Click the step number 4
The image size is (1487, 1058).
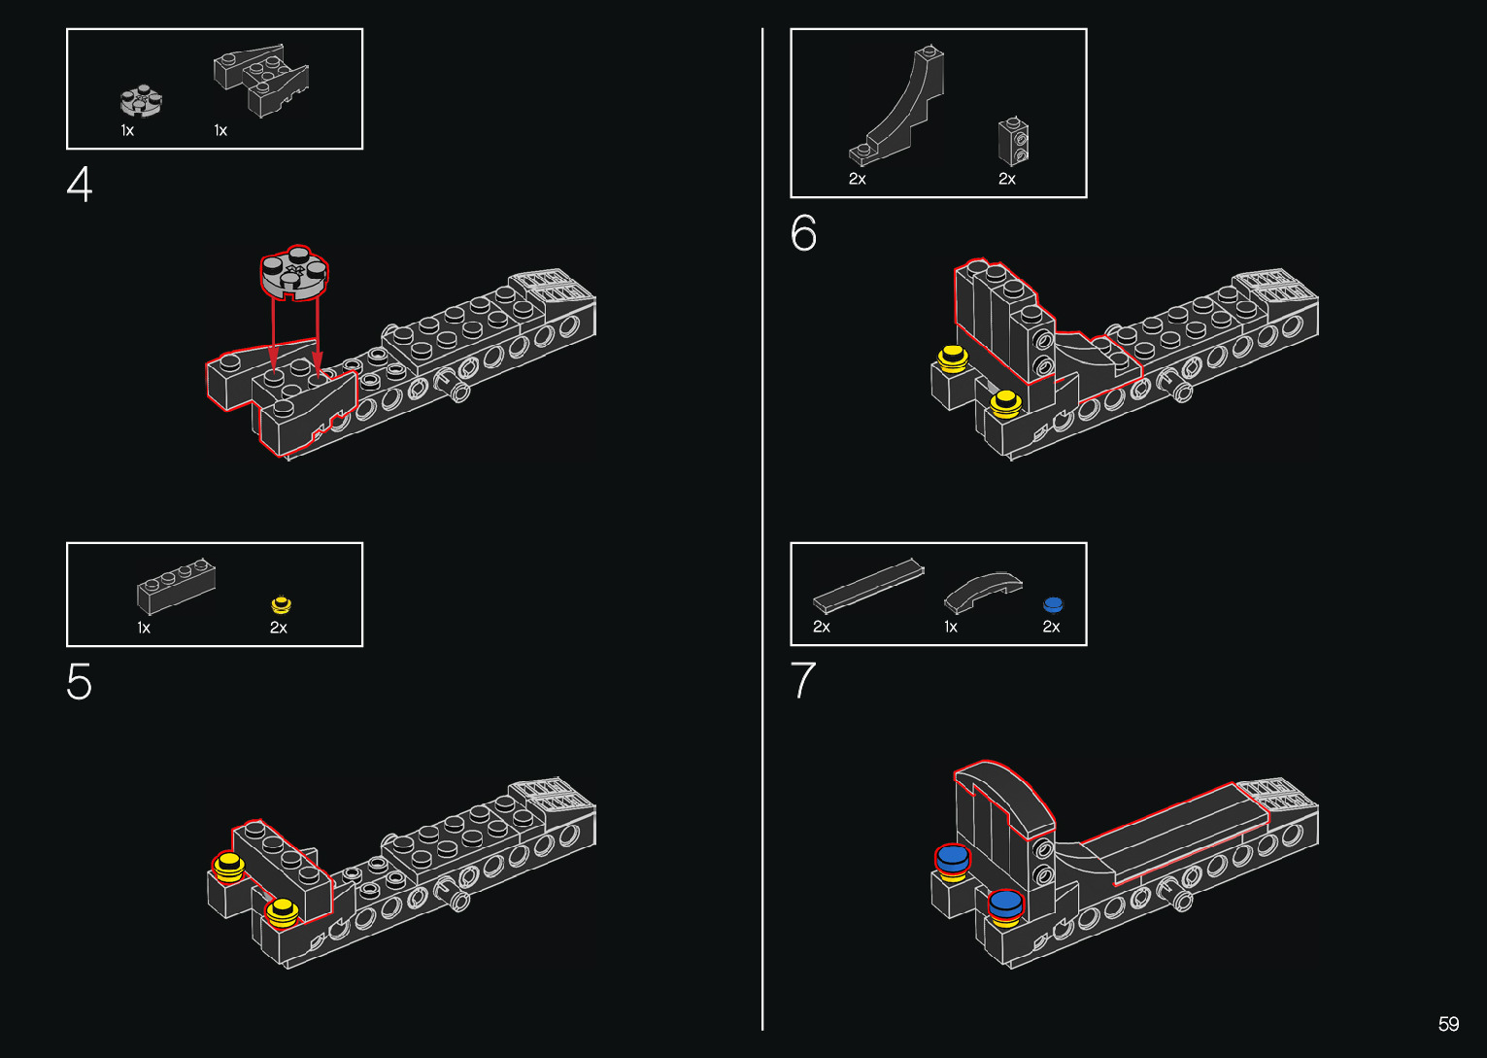click(x=80, y=185)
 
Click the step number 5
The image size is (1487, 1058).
click(x=80, y=682)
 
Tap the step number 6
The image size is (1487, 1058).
click(x=804, y=233)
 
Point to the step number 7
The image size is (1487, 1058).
click(x=803, y=680)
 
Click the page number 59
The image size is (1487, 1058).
click(x=1448, y=1024)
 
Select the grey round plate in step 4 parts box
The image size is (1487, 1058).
click(x=141, y=100)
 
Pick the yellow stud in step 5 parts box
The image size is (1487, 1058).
click(x=281, y=604)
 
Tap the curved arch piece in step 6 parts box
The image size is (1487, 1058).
click(x=899, y=106)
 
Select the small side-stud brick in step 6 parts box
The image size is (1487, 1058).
click(x=1014, y=142)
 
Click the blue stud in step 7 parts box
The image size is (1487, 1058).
click(x=1053, y=604)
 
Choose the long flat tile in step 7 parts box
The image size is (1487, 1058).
click(x=867, y=583)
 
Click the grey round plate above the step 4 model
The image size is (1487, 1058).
click(x=294, y=271)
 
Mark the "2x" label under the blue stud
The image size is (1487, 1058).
click(x=1051, y=627)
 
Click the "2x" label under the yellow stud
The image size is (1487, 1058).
click(x=279, y=628)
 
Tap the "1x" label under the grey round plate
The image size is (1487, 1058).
click(x=127, y=130)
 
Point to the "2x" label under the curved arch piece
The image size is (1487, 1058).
click(x=857, y=179)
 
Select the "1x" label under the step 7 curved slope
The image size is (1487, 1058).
click(x=951, y=627)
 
